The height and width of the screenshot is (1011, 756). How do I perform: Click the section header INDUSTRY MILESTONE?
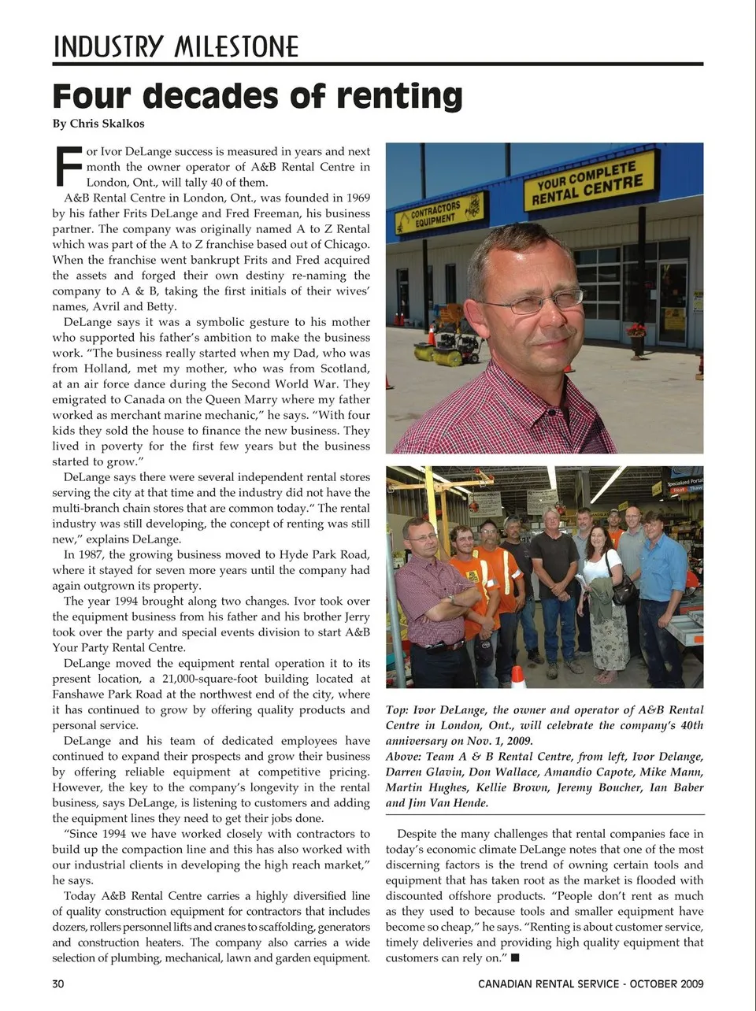(176, 47)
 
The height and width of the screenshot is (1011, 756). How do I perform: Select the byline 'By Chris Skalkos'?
(98, 124)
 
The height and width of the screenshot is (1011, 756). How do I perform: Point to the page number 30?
(58, 983)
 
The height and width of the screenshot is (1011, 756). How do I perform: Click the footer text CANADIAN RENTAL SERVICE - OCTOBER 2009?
(591, 983)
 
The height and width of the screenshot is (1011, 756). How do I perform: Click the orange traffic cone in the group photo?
(517, 676)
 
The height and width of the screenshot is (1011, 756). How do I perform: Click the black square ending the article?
(515, 958)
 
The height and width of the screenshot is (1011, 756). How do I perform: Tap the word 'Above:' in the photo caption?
(403, 757)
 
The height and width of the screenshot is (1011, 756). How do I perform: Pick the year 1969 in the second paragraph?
(354, 198)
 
